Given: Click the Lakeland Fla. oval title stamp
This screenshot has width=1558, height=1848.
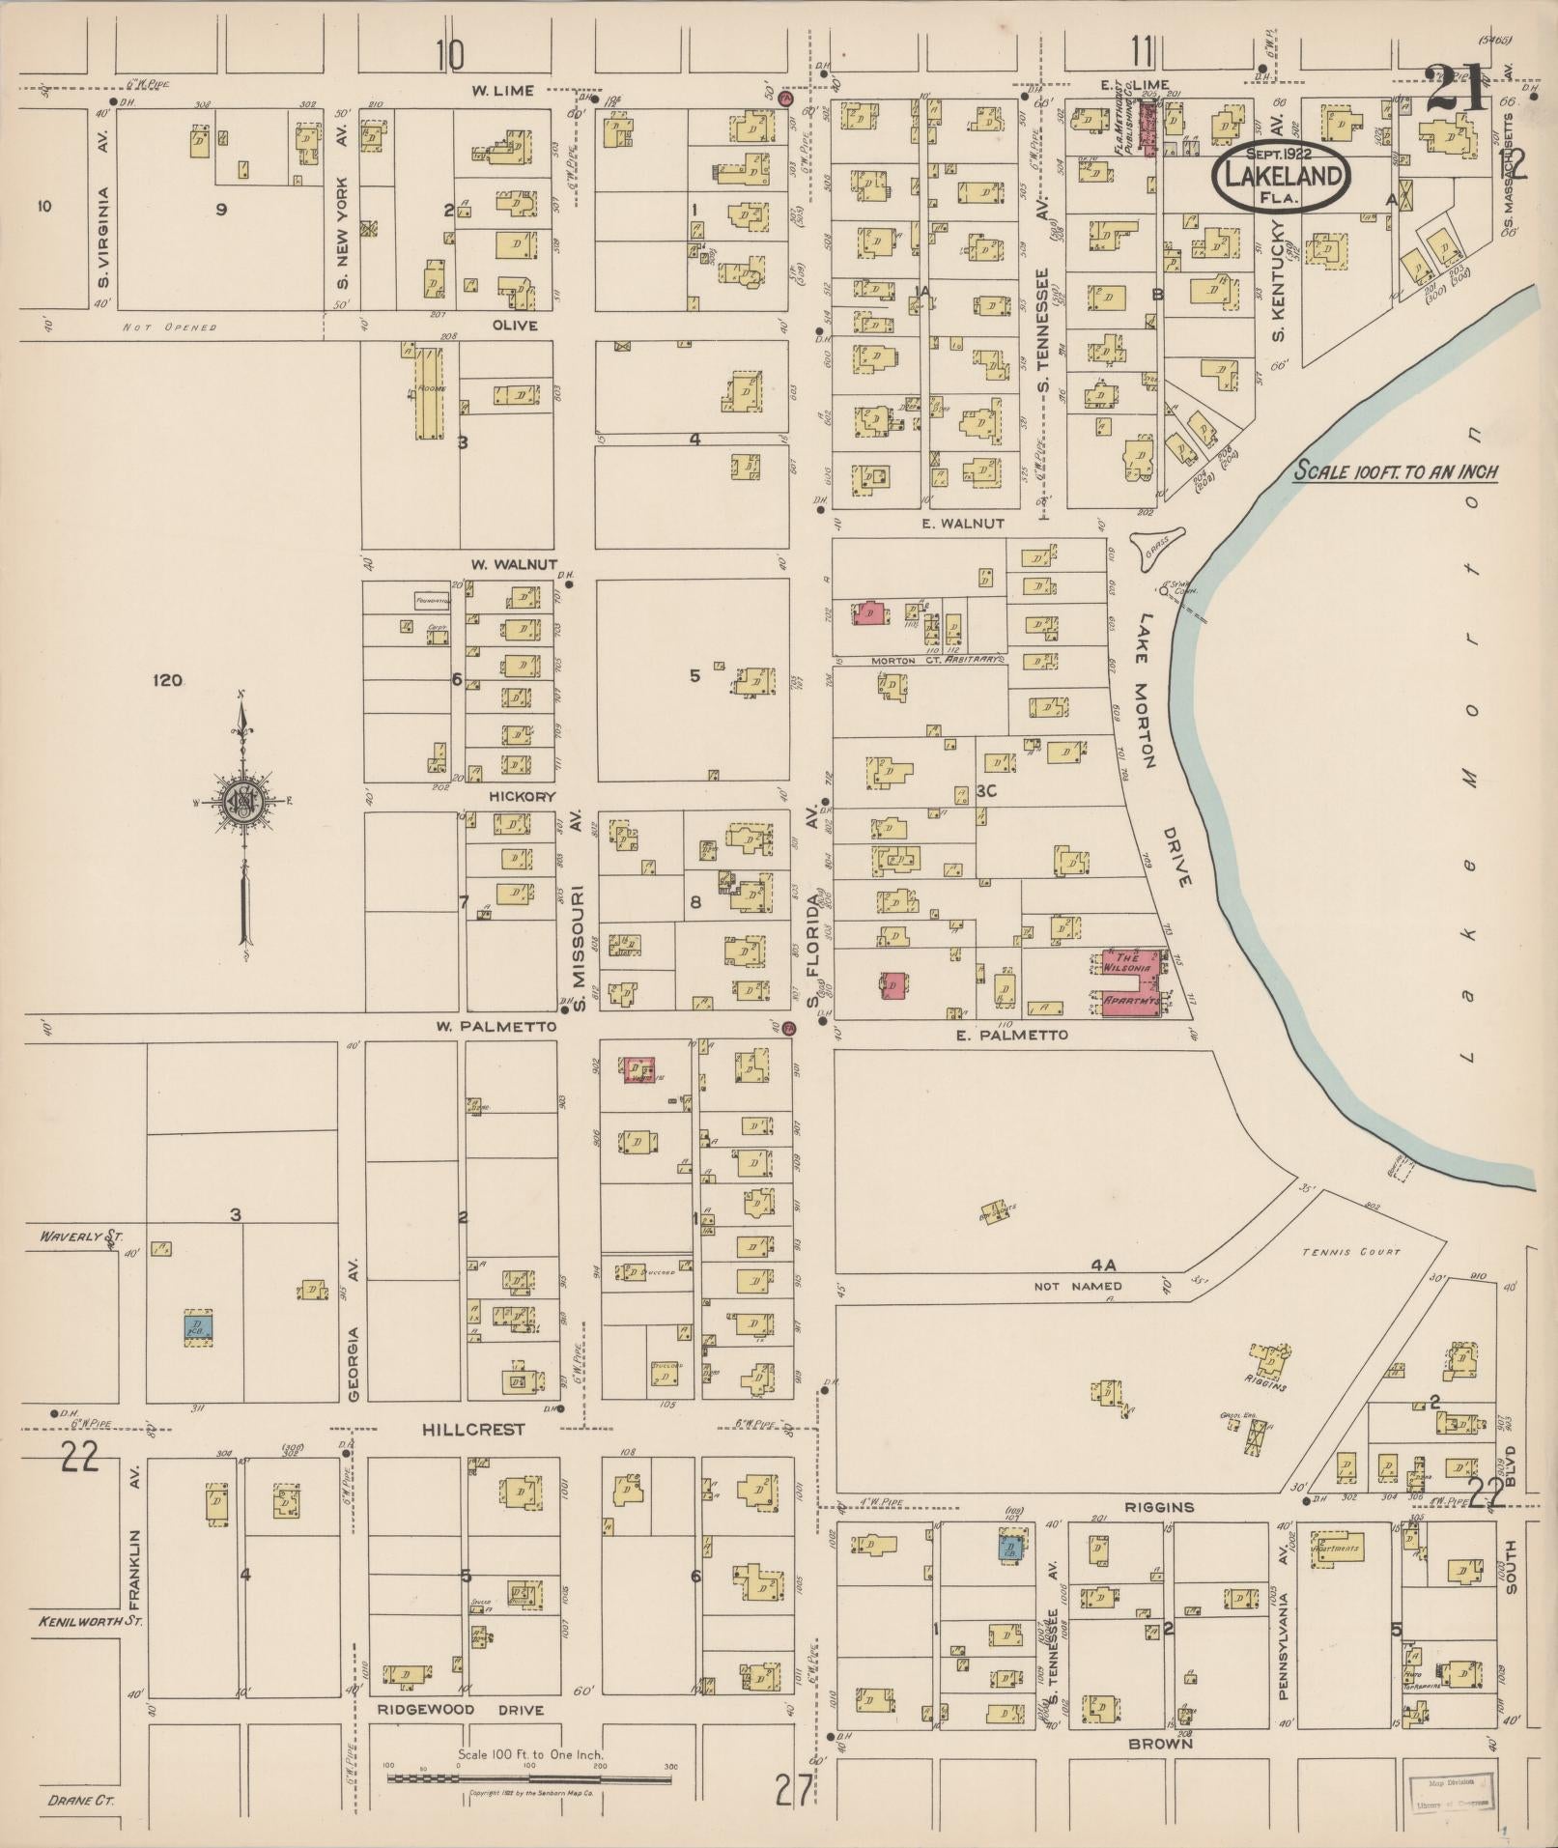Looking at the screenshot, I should click(x=1282, y=175).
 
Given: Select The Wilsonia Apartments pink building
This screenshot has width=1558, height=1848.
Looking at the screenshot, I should click(x=1134, y=983).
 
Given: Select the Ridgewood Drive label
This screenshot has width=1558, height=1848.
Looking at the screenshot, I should click(x=460, y=1710).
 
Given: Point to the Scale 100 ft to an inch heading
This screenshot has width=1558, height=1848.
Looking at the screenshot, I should click(x=1396, y=472).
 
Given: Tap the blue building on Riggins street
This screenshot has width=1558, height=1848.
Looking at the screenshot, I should click(x=1010, y=1549).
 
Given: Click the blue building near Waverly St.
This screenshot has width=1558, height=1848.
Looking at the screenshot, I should click(x=199, y=1326).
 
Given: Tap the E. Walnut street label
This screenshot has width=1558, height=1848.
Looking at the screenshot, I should click(x=964, y=523).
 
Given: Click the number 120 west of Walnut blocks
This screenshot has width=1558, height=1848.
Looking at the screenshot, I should click(x=168, y=681).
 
